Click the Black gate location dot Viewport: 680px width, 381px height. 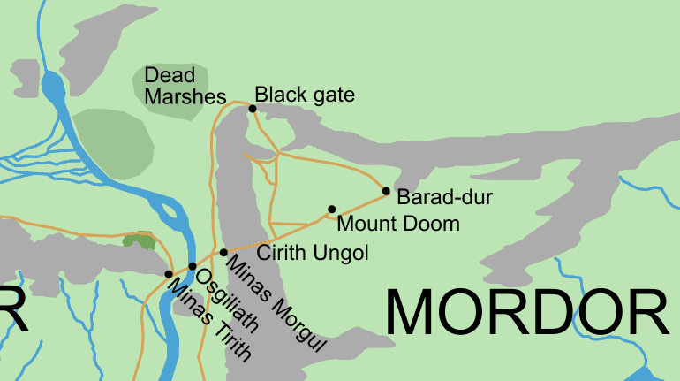click(252, 109)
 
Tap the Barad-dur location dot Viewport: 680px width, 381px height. click(386, 191)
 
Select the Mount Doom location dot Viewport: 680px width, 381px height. click(332, 210)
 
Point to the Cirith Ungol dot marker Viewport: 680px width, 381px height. click(223, 253)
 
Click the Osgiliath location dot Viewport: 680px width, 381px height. click(192, 266)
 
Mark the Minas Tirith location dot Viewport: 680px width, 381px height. click(169, 274)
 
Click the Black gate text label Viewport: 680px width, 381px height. click(304, 95)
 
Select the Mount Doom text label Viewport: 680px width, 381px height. click(399, 224)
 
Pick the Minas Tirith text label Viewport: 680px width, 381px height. click(210, 320)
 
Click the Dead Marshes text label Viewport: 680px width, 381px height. click(185, 86)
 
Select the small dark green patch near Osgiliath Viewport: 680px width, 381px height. click(140, 240)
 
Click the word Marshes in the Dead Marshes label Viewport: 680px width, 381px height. click(185, 96)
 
